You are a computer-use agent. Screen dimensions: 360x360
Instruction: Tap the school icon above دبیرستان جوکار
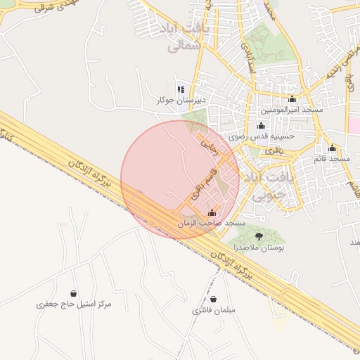(181, 89)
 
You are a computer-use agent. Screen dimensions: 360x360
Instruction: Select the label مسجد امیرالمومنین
(292, 110)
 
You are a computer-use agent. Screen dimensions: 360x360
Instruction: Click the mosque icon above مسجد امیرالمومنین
(292, 99)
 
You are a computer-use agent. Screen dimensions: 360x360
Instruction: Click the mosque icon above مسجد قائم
(332, 148)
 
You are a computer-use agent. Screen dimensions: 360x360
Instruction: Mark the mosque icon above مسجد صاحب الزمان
(212, 212)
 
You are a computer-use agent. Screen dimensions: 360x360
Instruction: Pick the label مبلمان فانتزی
(213, 310)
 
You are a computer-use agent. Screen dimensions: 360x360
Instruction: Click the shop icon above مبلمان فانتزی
(213, 300)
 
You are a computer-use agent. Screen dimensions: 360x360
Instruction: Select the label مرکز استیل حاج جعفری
(74, 304)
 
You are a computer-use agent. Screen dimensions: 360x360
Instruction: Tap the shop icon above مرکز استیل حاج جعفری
(74, 293)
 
